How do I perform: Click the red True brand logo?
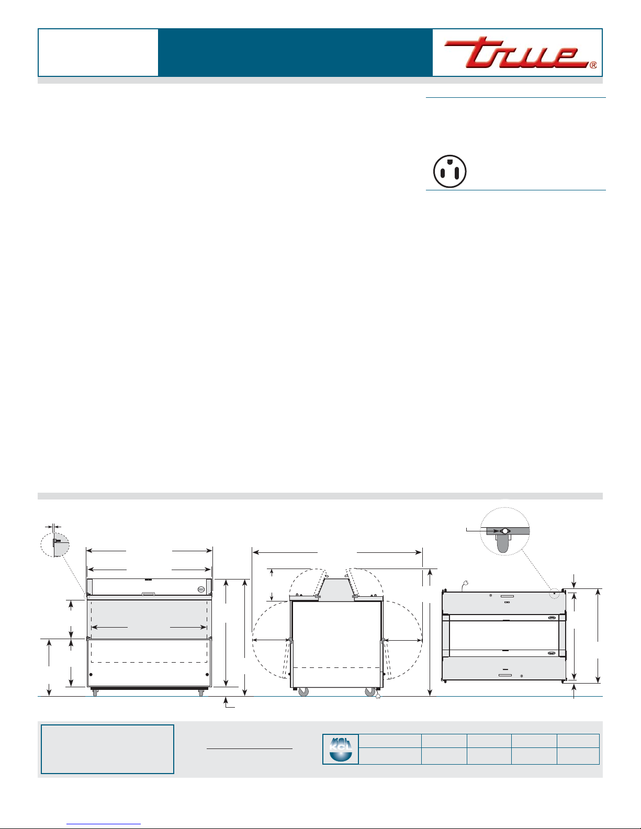516,52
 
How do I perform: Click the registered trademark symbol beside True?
593,65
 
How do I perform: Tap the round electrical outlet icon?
450,172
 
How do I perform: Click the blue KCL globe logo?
340,749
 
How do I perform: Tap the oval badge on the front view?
202,589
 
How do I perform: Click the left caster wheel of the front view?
95,692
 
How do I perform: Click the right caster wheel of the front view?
201,692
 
